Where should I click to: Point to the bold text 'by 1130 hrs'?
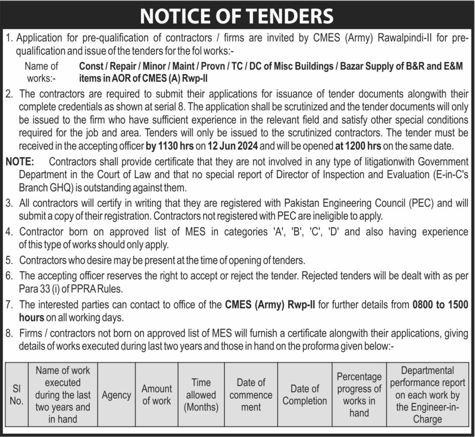170,146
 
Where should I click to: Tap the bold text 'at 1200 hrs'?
358,146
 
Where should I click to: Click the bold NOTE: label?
20,162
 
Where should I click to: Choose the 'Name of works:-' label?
41,72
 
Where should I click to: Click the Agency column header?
116,395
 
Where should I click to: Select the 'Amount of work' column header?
156,395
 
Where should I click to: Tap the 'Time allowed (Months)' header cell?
201,395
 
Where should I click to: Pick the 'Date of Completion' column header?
305,395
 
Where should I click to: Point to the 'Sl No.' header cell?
16,395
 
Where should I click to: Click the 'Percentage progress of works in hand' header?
359,395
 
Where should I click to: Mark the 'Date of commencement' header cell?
251,395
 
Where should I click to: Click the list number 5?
9,260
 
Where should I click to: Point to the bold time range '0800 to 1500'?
440,305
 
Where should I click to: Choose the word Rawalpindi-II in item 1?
405,38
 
